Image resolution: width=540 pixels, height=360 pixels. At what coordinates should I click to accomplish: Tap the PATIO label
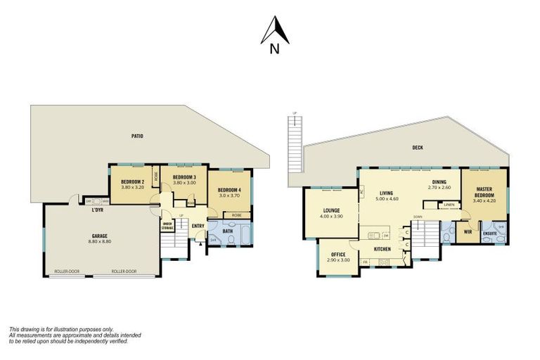tap(137, 136)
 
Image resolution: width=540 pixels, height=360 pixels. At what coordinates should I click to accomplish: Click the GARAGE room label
tap(100, 236)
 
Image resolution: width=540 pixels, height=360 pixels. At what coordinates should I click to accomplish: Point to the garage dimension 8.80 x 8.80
tap(100, 243)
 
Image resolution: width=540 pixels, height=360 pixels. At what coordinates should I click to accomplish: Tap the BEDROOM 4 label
tap(230, 189)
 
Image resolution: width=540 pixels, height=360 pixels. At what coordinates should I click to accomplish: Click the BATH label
tap(229, 230)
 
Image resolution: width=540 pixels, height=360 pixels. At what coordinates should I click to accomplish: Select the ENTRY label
tap(198, 226)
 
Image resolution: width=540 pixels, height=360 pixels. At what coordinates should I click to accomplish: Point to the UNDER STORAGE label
tap(167, 226)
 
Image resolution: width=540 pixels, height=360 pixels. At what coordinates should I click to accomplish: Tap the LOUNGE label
tap(332, 210)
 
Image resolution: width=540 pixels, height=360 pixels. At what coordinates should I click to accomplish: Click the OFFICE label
tap(338, 255)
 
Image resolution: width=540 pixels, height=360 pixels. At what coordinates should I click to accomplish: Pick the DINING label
tap(441, 181)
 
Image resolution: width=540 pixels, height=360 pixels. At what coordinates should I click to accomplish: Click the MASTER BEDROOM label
tap(484, 191)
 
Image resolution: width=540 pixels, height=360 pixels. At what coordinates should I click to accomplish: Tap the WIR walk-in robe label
tap(467, 230)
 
